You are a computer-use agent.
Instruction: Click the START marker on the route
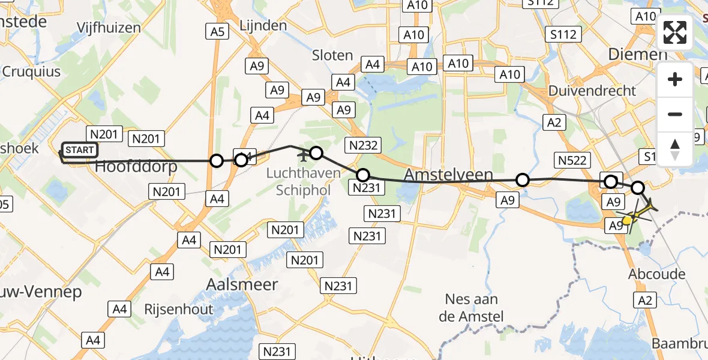(79, 149)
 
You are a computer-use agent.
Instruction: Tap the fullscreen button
(675, 32)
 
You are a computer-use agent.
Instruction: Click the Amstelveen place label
(449, 175)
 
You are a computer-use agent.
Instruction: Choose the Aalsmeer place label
(242, 284)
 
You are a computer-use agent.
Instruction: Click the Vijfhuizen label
(109, 28)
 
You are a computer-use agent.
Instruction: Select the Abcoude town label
(656, 274)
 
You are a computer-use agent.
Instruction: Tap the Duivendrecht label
(592, 91)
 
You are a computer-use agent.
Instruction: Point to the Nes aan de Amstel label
(475, 307)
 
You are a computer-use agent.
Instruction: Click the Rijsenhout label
(179, 310)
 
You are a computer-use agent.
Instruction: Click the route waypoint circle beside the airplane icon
(316, 153)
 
